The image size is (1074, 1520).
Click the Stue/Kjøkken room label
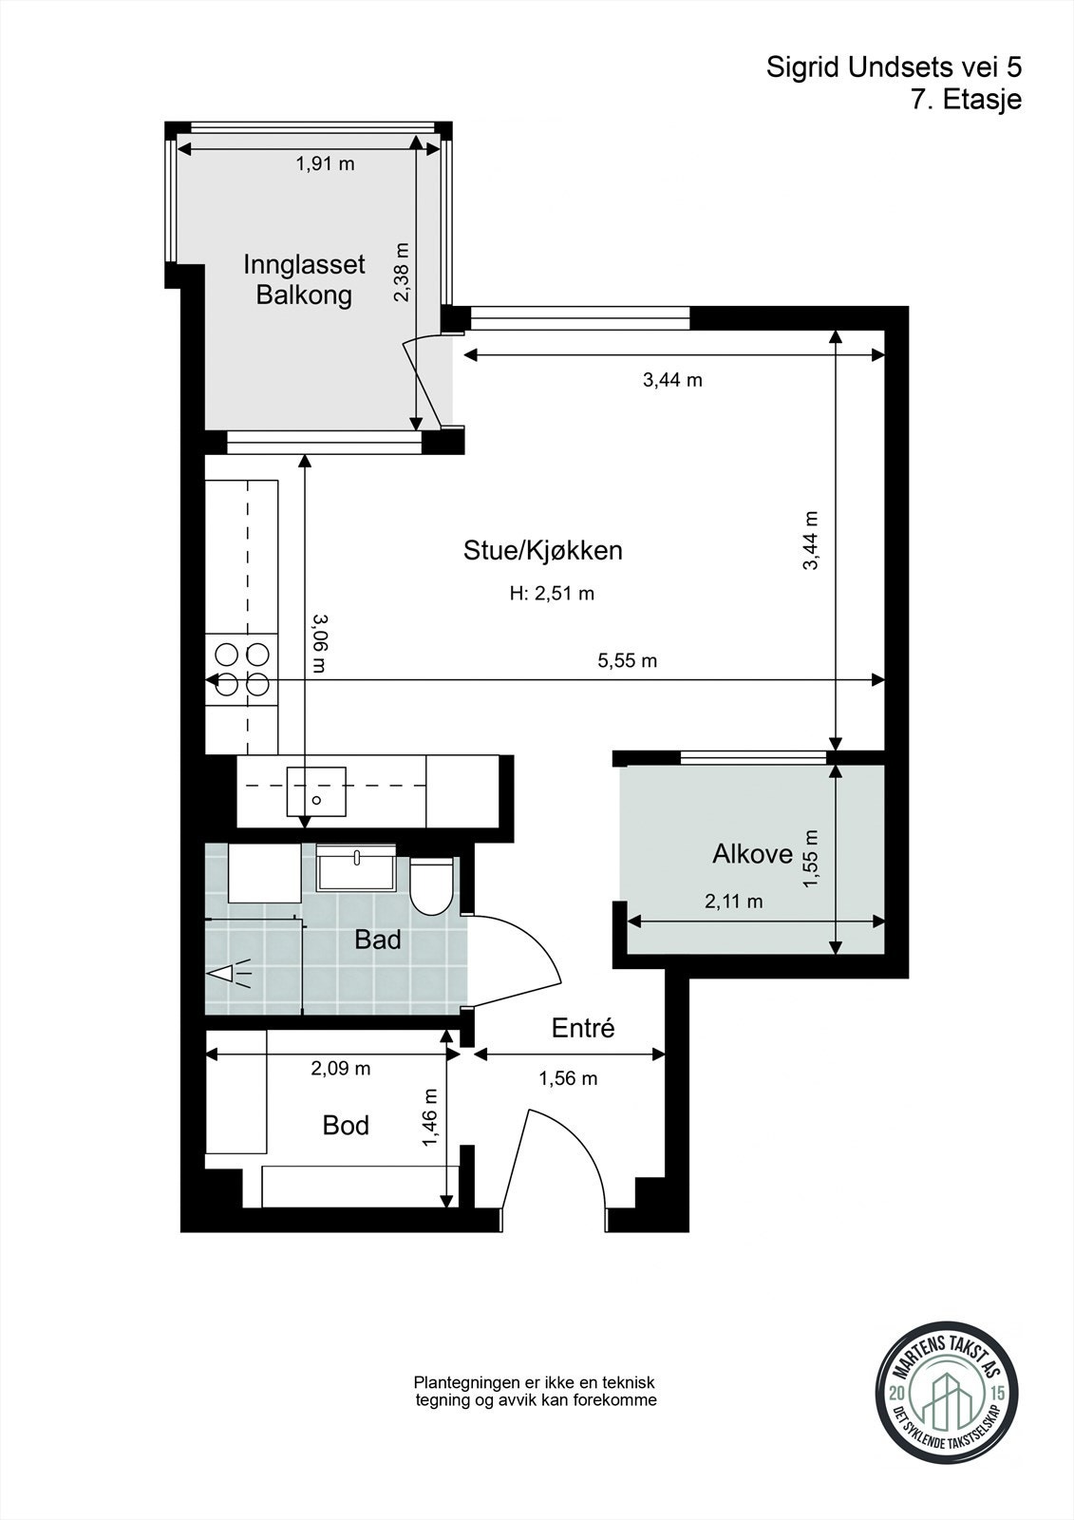tap(543, 550)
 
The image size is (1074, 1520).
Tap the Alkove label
tap(752, 854)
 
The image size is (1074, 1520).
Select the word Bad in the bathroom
tap(378, 940)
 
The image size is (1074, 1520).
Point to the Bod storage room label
tap(346, 1126)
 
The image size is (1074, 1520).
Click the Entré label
tap(583, 1028)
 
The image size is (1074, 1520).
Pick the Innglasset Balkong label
tap(304, 279)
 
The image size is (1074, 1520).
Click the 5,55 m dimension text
tap(628, 660)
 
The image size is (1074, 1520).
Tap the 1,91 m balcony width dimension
tap(325, 163)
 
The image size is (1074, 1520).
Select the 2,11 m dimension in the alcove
tap(733, 902)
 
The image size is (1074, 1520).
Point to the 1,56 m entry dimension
tap(568, 1078)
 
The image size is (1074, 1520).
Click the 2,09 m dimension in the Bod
tap(341, 1069)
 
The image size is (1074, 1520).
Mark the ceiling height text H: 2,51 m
tap(553, 594)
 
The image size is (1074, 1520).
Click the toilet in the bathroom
tap(432, 886)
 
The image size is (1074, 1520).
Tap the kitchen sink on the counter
tap(316, 790)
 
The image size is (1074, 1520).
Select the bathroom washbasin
tap(356, 868)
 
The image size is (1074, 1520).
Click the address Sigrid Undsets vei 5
tap(894, 67)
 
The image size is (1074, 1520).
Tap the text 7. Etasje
tap(967, 100)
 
